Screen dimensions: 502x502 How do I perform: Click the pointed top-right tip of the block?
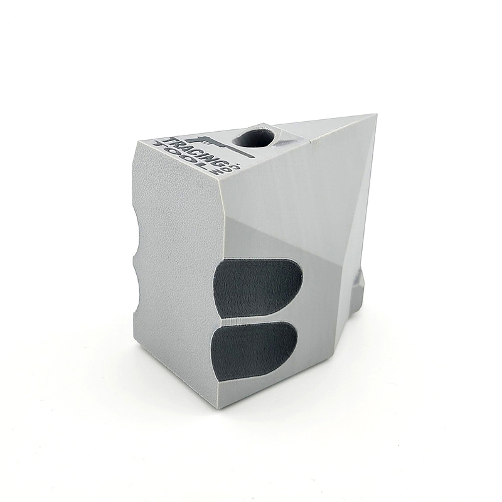pyautogui.click(x=375, y=115)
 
